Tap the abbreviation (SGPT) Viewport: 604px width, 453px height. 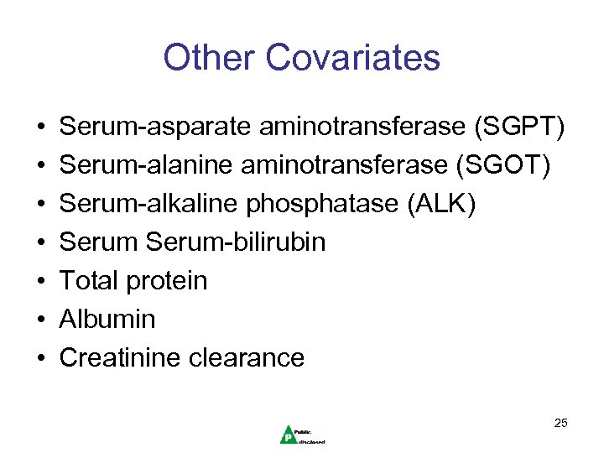coord(519,128)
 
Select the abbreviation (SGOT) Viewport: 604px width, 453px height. coord(505,166)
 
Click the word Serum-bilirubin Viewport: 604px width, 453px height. coord(236,243)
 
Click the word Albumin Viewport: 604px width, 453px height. coord(107,320)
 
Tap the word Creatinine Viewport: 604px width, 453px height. coord(120,358)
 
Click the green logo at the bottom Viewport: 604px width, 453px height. coord(289,433)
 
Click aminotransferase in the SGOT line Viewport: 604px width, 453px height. coord(351,166)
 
